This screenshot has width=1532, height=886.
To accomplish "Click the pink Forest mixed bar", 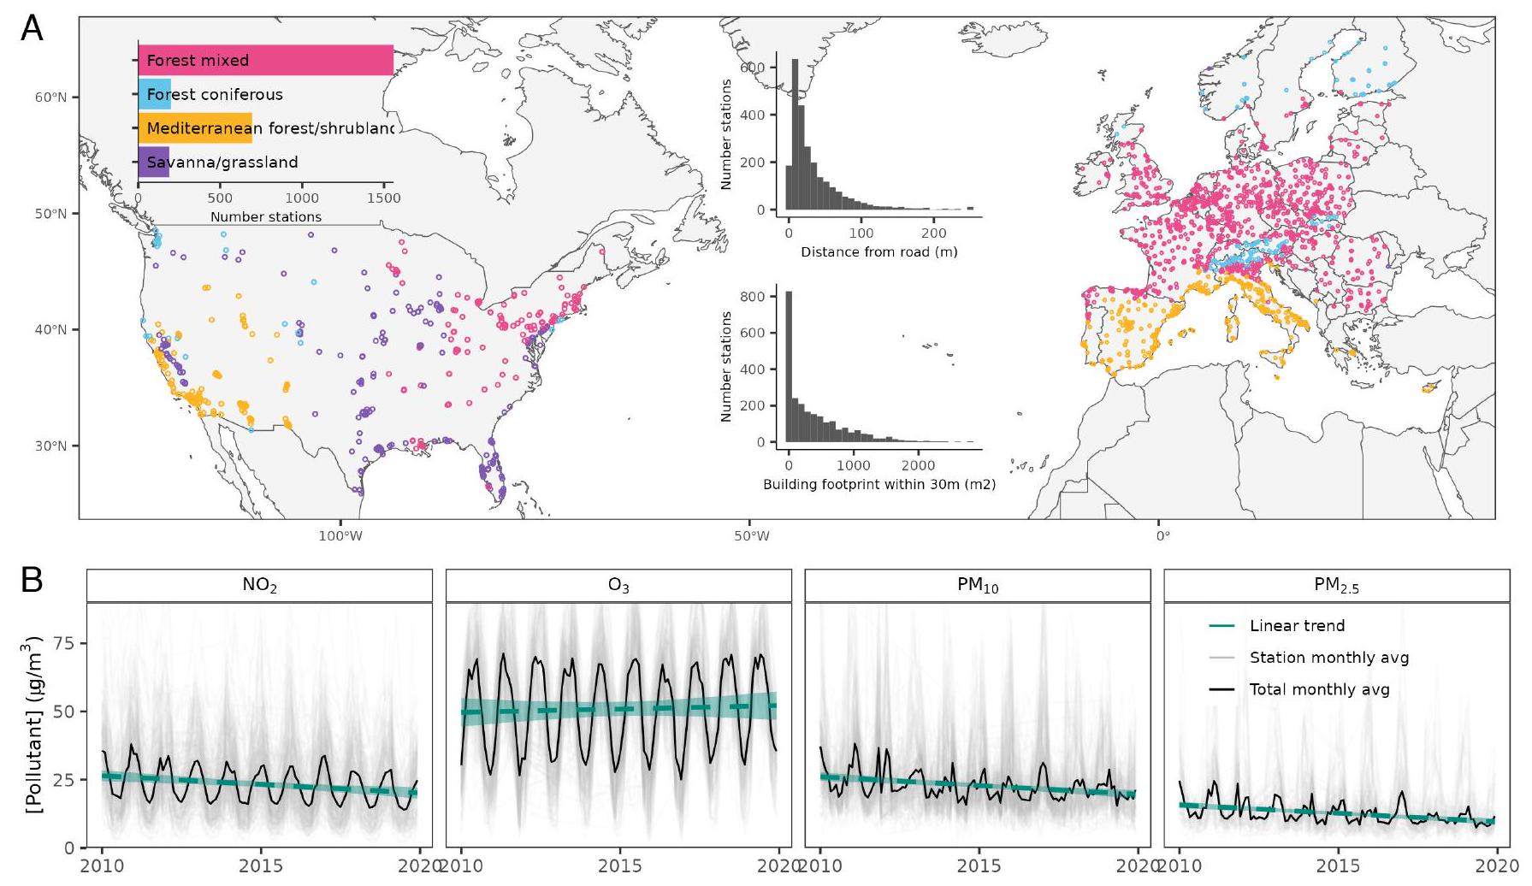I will [265, 60].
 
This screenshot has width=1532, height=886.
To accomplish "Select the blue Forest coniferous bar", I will [155, 94].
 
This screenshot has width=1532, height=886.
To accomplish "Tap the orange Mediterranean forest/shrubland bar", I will [195, 128].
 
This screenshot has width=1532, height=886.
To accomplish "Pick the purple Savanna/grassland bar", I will [154, 162].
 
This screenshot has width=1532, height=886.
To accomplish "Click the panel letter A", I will [32, 29].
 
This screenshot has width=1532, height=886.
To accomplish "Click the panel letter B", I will [32, 582].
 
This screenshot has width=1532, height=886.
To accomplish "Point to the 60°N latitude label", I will [50, 97].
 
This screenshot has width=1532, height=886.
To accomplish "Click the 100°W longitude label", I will [340, 536].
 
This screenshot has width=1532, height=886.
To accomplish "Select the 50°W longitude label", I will [751, 536].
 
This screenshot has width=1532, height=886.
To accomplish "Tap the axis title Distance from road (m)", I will [878, 252].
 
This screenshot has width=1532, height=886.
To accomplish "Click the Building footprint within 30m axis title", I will [878, 485].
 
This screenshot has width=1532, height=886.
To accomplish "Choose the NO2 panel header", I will [259, 586].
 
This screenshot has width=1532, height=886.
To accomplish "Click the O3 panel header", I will [618, 586].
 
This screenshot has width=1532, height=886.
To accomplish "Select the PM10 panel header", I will [978, 586].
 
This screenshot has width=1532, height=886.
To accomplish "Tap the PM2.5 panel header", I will [1336, 586].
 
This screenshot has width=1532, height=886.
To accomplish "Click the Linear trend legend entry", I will [1297, 626].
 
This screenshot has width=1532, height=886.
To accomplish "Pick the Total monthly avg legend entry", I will [1319, 689].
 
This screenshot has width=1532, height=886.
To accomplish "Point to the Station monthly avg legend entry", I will [1328, 658].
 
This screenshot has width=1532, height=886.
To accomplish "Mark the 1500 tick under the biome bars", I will [384, 198].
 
